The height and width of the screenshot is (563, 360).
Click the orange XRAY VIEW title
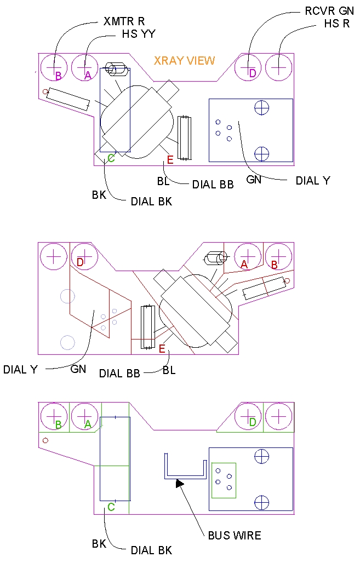click(184, 61)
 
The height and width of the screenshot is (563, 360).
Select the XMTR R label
click(124, 22)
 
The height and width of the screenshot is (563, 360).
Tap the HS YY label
click(139, 34)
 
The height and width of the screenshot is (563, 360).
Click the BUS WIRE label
click(235, 535)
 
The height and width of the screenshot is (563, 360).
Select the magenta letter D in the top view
click(252, 73)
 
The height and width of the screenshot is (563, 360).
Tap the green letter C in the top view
click(111, 158)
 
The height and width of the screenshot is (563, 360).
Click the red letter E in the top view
click(170, 160)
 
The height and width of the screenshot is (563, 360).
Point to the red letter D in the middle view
click(80, 263)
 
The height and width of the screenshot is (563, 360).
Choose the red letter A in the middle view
click(244, 265)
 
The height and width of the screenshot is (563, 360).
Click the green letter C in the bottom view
click(111, 507)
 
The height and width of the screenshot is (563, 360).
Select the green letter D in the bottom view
click(252, 422)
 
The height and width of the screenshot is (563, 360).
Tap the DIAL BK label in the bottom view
click(151, 550)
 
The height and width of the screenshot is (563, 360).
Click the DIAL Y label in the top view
click(313, 181)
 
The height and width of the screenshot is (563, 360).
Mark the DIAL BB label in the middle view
click(119, 374)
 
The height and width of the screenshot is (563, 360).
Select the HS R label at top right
click(336, 24)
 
